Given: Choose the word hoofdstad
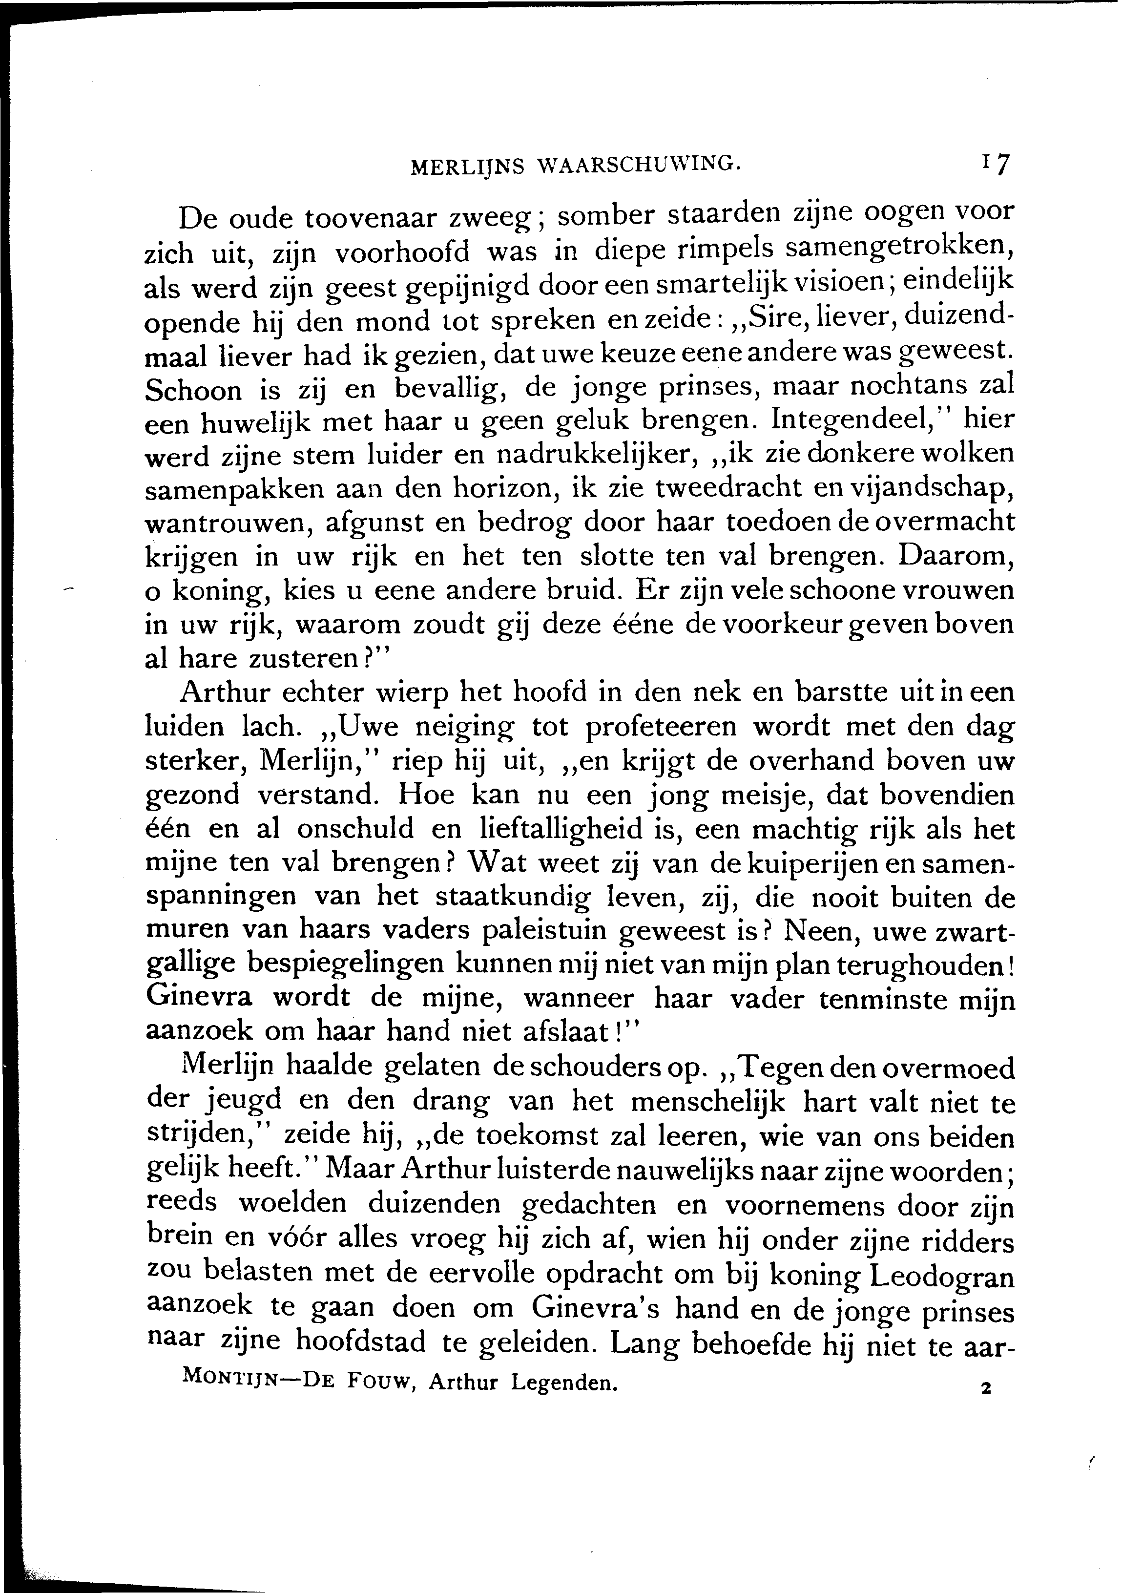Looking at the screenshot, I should pyautogui.click(x=361, y=1345).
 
